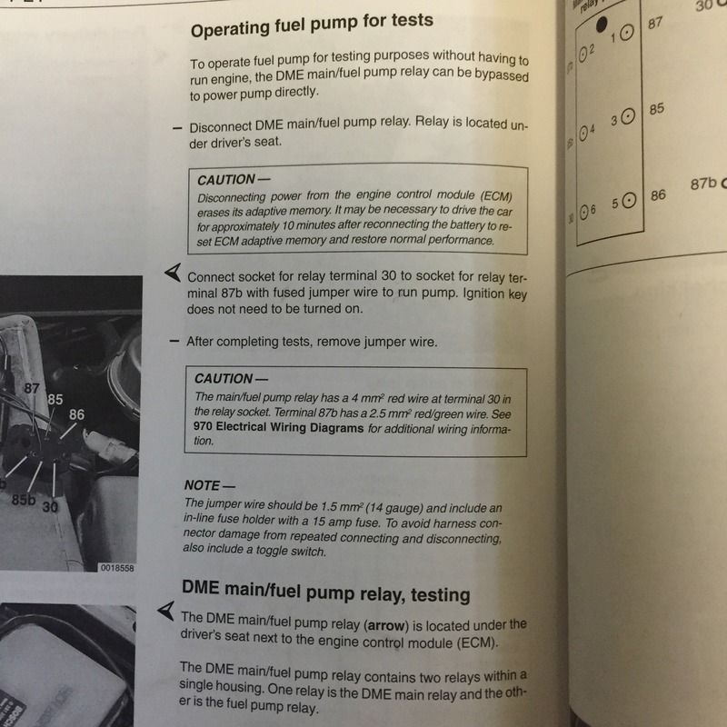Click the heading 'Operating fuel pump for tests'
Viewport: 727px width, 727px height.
312,25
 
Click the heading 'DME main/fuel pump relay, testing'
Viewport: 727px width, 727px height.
326,592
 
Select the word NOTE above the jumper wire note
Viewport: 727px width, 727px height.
202,485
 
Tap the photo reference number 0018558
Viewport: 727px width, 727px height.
117,568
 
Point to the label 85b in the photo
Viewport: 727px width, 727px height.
24,500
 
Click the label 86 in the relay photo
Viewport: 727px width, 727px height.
76,414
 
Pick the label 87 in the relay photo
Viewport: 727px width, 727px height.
32,388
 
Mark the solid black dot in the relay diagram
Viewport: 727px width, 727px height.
602,25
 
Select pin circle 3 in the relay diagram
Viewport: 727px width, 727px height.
627,117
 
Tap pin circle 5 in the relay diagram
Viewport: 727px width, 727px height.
628,201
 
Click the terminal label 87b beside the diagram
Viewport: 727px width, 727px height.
703,184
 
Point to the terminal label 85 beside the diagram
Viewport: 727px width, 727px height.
656,109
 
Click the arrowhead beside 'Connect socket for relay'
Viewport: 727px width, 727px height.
173,272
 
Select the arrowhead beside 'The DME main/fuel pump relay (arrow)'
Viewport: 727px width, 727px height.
166,611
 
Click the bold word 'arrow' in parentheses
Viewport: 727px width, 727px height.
384,625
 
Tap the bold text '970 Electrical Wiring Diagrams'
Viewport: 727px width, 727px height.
278,427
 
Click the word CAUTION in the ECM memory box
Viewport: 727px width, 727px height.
226,179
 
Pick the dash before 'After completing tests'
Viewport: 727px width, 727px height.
174,342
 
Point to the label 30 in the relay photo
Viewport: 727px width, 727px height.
50,507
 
